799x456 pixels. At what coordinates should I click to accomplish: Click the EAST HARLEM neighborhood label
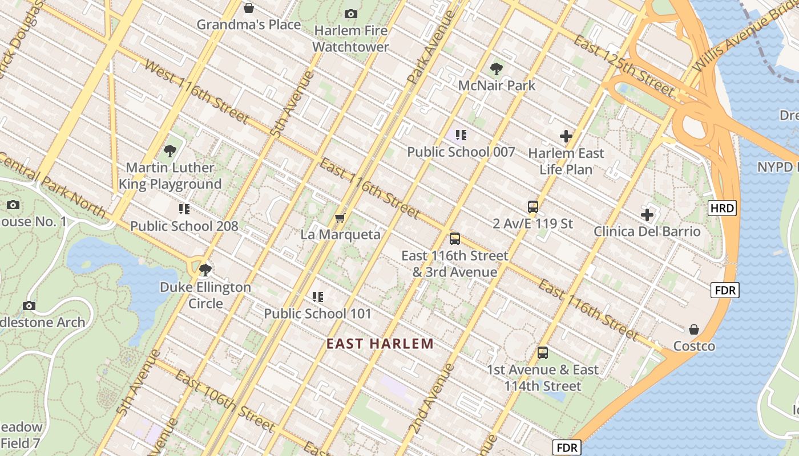tap(380, 344)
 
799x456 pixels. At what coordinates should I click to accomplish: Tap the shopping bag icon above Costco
tap(694, 329)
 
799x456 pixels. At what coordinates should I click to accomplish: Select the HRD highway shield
tap(722, 208)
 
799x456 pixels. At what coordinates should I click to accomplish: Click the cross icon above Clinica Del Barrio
tap(647, 215)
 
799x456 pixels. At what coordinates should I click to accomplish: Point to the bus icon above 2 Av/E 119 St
tap(532, 207)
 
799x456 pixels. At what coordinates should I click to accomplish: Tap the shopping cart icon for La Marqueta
tap(340, 218)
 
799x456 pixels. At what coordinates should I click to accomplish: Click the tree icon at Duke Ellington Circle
tap(205, 270)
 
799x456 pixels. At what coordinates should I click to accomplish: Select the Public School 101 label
tap(317, 313)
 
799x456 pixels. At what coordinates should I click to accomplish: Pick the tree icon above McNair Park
tap(497, 70)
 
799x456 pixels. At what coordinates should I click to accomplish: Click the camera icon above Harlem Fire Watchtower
tap(351, 14)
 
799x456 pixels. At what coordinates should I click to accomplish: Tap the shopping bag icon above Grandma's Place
tap(248, 8)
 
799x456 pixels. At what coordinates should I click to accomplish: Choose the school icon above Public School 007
tap(461, 135)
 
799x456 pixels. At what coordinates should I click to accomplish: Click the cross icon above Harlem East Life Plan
tap(566, 136)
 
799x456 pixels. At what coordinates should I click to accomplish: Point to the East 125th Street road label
tap(624, 66)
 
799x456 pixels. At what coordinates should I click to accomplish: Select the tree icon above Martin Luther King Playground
tap(170, 151)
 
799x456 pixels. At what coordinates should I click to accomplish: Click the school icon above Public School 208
tap(184, 209)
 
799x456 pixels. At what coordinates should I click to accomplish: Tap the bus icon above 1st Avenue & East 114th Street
tap(542, 353)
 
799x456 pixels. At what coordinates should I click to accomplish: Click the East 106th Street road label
tap(225, 400)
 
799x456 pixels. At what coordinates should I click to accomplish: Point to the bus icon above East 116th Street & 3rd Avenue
tap(454, 239)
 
